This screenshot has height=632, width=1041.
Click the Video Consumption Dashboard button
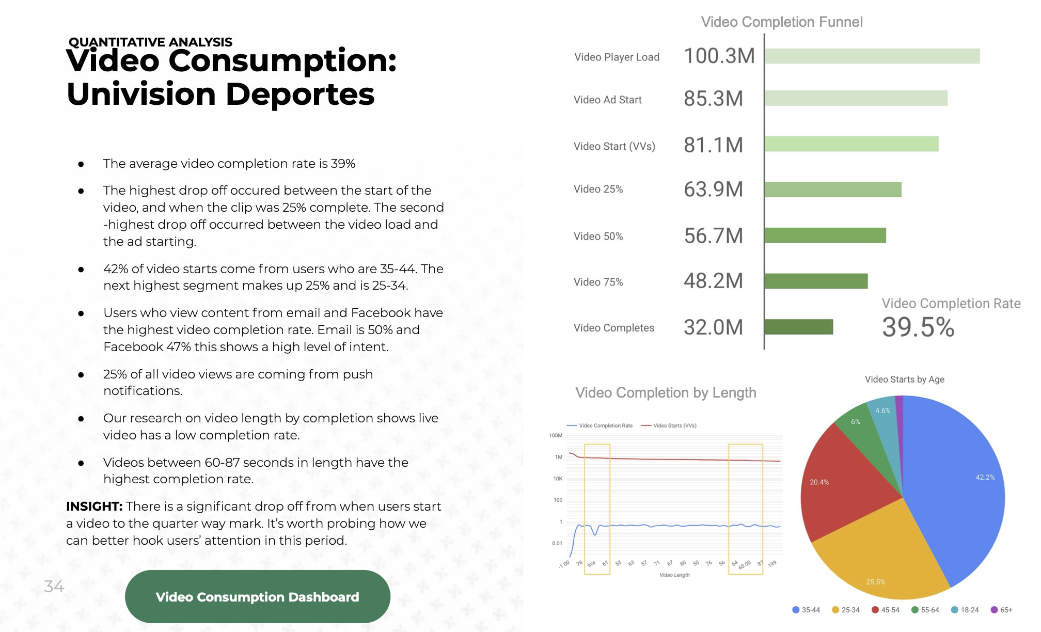coord(257,596)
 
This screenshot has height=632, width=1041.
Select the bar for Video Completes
coord(798,327)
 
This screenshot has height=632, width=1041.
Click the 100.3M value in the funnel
coord(719,56)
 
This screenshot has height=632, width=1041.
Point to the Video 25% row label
coord(598,189)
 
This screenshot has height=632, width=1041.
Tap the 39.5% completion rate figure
coord(918,327)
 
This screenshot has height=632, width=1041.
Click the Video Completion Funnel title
coord(781,22)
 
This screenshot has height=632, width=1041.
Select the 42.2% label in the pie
coord(985,477)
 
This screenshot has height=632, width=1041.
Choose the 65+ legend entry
coord(1002,610)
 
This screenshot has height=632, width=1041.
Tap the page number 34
coord(54,586)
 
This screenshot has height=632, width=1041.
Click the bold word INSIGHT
coord(94,506)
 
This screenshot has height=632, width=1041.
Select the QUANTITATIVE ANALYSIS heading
coord(150,42)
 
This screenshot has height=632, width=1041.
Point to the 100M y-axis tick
coord(556,435)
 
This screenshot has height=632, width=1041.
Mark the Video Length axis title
coord(674,575)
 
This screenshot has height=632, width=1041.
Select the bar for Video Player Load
coord(872,56)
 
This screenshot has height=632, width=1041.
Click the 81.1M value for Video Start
coord(713,145)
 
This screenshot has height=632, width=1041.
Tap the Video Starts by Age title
coord(904,379)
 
